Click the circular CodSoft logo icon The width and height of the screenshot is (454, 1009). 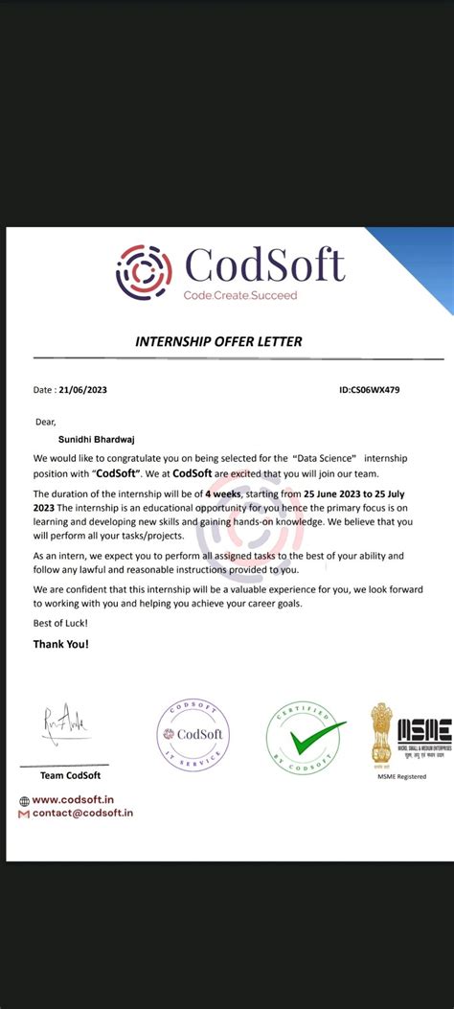click(144, 272)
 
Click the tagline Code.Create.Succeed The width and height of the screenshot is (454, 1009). click(240, 295)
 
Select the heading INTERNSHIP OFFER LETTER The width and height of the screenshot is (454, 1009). click(218, 342)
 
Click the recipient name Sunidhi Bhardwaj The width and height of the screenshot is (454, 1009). click(85, 439)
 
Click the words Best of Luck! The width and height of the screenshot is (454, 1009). click(59, 623)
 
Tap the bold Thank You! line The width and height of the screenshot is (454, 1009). click(60, 644)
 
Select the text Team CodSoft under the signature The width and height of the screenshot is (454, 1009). click(69, 775)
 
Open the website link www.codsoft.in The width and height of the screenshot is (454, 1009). click(76, 800)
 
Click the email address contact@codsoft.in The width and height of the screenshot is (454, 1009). click(82, 813)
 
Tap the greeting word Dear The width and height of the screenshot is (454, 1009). click(45, 421)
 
